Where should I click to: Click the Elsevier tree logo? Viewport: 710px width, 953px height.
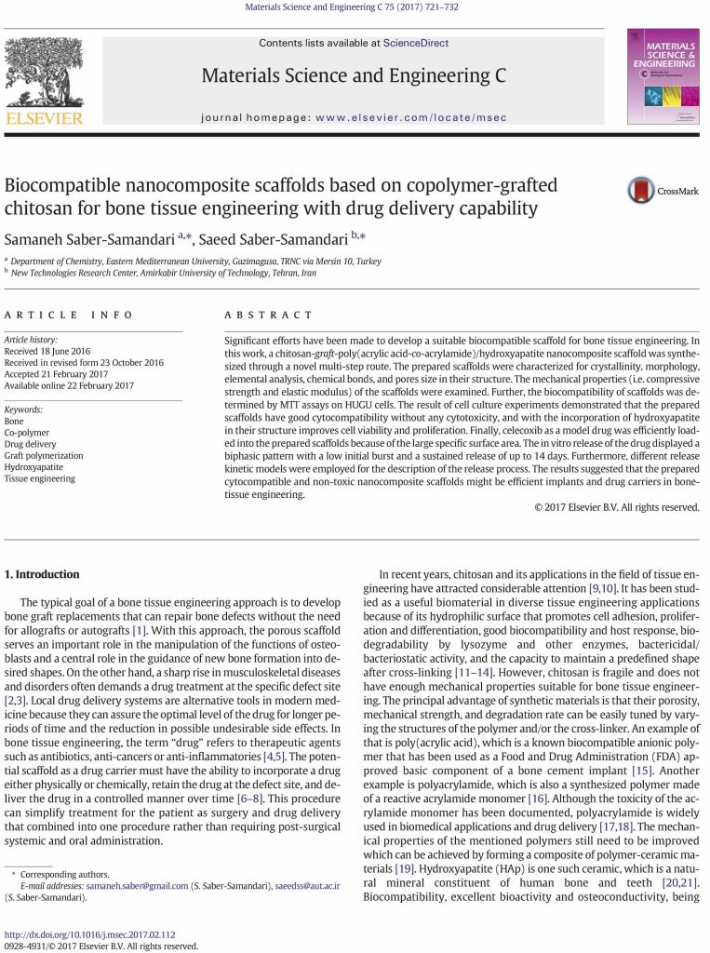[44, 74]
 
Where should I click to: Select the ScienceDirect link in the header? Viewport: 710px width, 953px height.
[415, 43]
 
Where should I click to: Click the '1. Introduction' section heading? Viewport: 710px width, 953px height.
[43, 574]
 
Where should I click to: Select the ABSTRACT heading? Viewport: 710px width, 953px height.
[270, 315]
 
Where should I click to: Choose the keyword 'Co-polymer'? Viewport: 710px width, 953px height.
[29, 433]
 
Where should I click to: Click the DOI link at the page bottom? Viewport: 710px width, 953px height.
[90, 933]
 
